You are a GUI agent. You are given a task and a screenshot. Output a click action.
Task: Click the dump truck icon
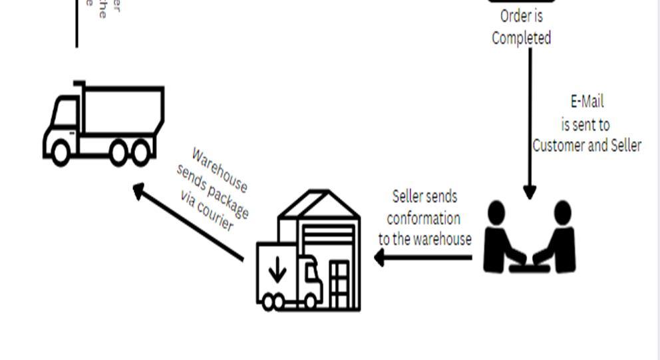pyautogui.click(x=104, y=124)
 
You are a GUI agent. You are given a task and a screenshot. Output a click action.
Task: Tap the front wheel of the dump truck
pyautogui.click(x=60, y=152)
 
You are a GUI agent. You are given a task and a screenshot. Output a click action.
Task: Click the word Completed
pyautogui.click(x=522, y=38)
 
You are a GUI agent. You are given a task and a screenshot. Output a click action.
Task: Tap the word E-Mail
pyautogui.click(x=587, y=102)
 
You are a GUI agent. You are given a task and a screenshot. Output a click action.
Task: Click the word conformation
pyautogui.click(x=423, y=218)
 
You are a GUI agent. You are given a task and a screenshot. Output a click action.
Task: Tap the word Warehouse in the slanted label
pyautogui.click(x=220, y=170)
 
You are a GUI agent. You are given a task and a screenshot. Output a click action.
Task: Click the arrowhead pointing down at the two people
pyautogui.click(x=530, y=192)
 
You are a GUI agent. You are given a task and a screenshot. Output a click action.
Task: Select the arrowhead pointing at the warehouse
pyautogui.click(x=380, y=257)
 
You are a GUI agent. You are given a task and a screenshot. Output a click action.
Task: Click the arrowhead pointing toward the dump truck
pyautogui.click(x=139, y=192)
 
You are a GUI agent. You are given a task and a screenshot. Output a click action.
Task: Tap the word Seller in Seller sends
pyautogui.click(x=408, y=197)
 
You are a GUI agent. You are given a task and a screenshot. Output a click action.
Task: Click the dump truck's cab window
pyautogui.click(x=66, y=110)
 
